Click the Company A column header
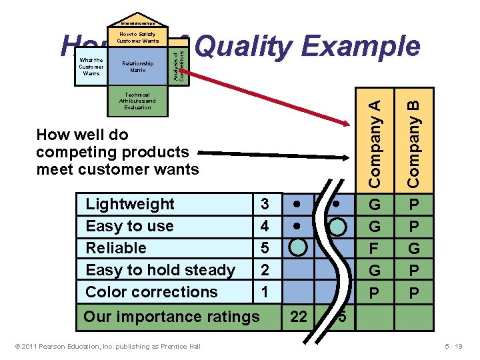pyautogui.click(x=376, y=142)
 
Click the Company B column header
pyautogui.click(x=413, y=142)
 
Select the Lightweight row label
pyautogui.click(x=130, y=204)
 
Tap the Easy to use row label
pyautogui.click(x=129, y=226)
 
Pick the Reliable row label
pyautogui.click(x=116, y=248)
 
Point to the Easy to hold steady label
pyautogui.click(x=160, y=270)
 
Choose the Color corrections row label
pyautogui.click(x=151, y=292)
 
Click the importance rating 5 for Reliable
pyautogui.click(x=265, y=248)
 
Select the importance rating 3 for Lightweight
pyautogui.click(x=265, y=204)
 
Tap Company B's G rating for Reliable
pyautogui.click(x=414, y=248)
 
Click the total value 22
pyautogui.click(x=299, y=317)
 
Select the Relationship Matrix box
pyautogui.click(x=137, y=67)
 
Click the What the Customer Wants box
pyautogui.click(x=91, y=67)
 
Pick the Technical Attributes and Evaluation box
pyautogui.click(x=137, y=101)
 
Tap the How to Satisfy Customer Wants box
pyautogui.click(x=137, y=37)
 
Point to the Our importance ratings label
pyautogui.click(x=171, y=317)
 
